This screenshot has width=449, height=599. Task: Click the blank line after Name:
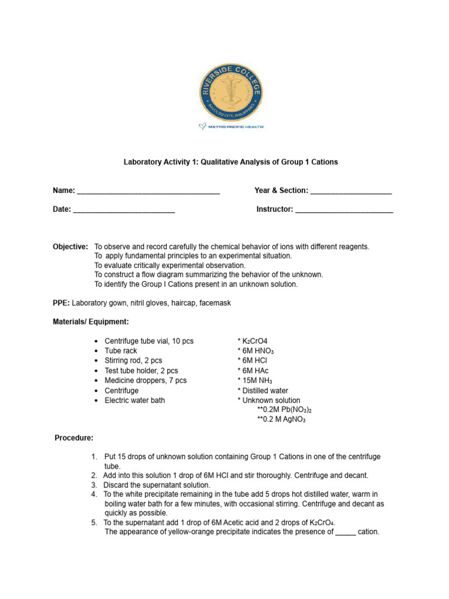(148, 191)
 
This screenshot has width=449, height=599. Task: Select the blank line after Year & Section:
(351, 191)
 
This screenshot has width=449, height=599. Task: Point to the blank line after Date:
(124, 209)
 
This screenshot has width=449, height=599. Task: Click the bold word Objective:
(70, 247)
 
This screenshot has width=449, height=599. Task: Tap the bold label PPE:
(61, 303)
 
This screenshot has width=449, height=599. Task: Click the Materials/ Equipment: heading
(91, 322)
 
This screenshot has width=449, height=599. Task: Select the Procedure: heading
(74, 438)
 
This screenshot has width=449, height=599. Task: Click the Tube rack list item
(120, 351)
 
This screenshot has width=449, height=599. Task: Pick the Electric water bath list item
(134, 400)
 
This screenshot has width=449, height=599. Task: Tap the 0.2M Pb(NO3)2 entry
(282, 410)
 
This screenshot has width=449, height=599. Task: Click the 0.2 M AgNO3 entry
(281, 419)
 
